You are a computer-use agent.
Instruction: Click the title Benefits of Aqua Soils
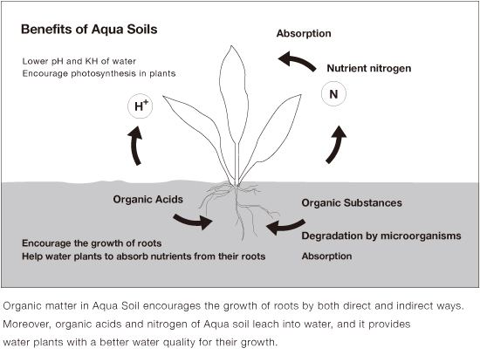pyautogui.click(x=89, y=30)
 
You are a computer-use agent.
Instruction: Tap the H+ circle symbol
pyautogui.click(x=140, y=106)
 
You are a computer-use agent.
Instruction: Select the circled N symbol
pyautogui.click(x=333, y=94)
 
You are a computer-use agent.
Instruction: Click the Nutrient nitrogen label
pyautogui.click(x=369, y=68)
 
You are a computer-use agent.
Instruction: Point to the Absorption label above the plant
pyautogui.click(x=304, y=33)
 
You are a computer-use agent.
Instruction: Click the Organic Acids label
pyautogui.click(x=147, y=200)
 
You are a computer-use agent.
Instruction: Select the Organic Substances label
pyautogui.click(x=352, y=203)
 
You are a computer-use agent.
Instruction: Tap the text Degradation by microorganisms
pyautogui.click(x=381, y=236)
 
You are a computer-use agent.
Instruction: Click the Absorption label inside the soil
pyautogui.click(x=326, y=256)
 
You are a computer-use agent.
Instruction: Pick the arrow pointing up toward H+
pyautogui.click(x=135, y=147)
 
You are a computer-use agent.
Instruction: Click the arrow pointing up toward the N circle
pyautogui.click(x=335, y=145)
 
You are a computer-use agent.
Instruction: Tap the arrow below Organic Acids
pyautogui.click(x=192, y=222)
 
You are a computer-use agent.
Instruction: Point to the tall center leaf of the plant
pyautogui.click(x=234, y=95)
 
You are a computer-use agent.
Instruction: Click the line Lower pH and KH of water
pyautogui.click(x=79, y=62)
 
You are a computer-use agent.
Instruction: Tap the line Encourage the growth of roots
pyautogui.click(x=92, y=243)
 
